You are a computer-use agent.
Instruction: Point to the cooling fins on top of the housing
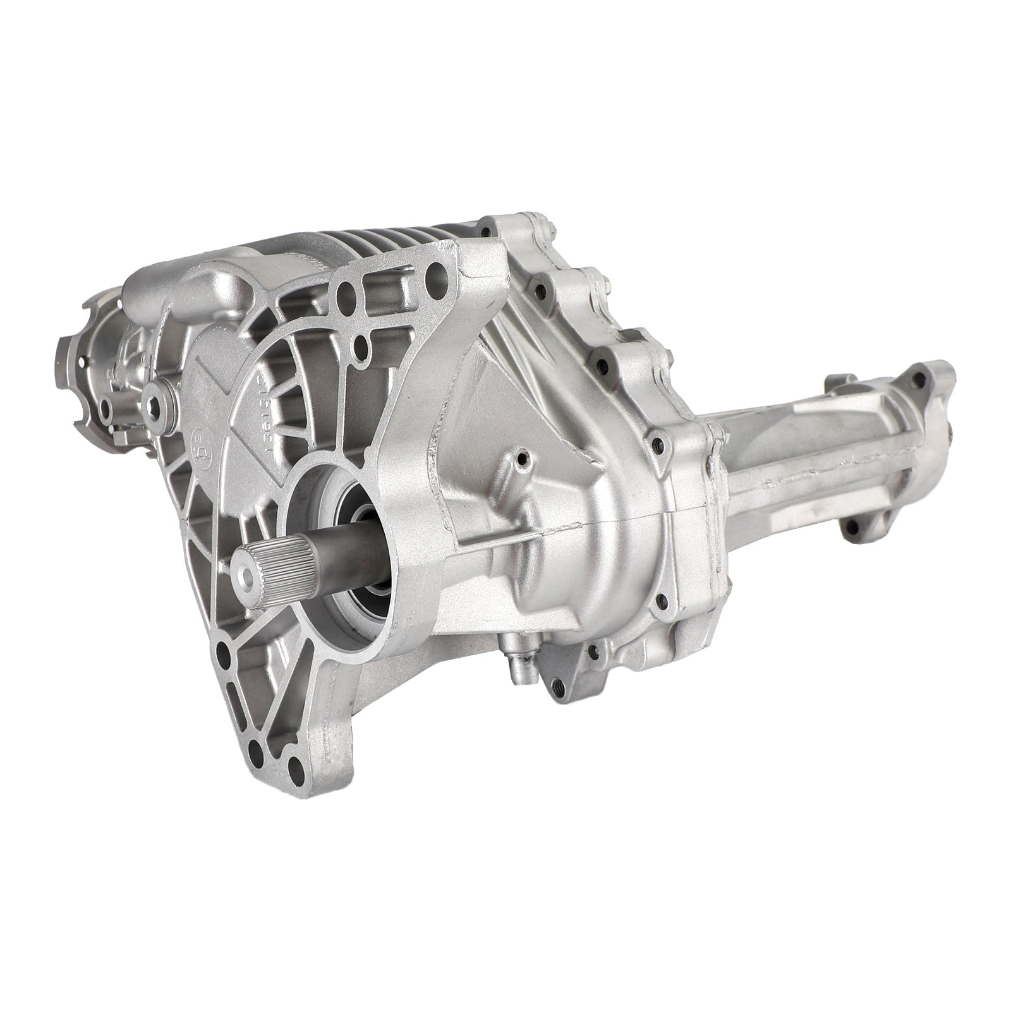pyautogui.click(x=354, y=259)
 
